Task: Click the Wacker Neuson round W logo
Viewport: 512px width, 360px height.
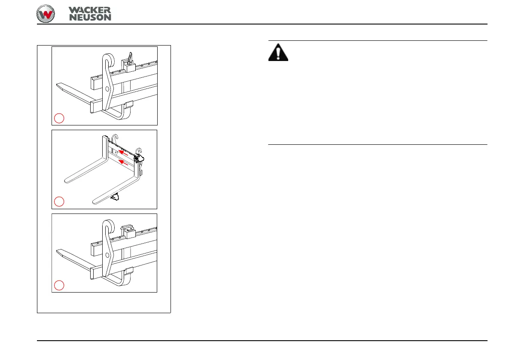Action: (x=46, y=14)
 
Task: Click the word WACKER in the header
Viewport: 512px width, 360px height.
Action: (x=89, y=9)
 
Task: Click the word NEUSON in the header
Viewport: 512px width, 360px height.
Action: (x=90, y=17)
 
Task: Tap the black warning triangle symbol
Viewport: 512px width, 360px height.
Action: (x=279, y=52)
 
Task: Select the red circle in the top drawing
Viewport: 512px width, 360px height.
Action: (x=59, y=118)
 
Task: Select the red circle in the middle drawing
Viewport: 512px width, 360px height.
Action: (x=59, y=201)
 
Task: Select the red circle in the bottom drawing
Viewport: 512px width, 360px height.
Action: (x=59, y=285)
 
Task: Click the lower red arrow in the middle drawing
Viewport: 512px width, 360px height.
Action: (x=124, y=162)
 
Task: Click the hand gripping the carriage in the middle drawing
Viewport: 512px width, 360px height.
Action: (x=139, y=159)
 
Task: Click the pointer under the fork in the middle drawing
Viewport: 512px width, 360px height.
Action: (x=115, y=197)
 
